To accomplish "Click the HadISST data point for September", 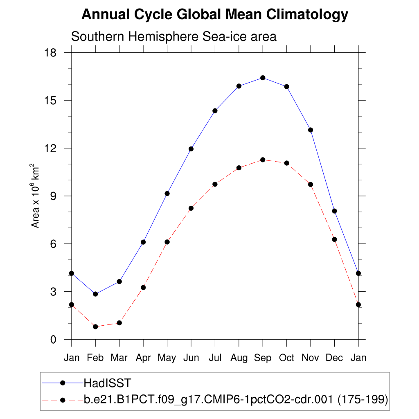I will (x=263, y=78).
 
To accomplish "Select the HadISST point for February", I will (x=95, y=294).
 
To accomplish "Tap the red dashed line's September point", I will (x=263, y=160).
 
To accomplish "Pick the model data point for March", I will (x=119, y=323).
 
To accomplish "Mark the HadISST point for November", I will (x=311, y=130).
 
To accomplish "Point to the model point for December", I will (x=334, y=239).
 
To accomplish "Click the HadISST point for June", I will (x=191, y=149).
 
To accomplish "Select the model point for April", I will (x=143, y=287).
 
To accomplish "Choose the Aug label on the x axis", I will (x=239, y=358).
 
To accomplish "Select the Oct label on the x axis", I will (x=286, y=358).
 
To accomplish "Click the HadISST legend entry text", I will (x=107, y=383).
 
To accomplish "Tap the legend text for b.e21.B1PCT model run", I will (x=236, y=399).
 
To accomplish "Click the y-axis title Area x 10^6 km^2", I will (x=36, y=196).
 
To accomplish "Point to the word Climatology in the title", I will (x=307, y=15).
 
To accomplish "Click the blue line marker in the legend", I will (x=63, y=383).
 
